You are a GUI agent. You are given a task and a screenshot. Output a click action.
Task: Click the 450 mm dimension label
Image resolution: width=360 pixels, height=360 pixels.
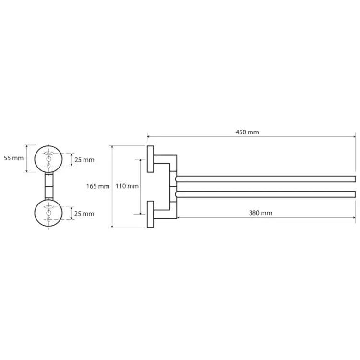(x=247, y=132)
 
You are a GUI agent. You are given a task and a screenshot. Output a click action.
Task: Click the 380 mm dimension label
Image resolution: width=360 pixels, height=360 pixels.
(x=260, y=213)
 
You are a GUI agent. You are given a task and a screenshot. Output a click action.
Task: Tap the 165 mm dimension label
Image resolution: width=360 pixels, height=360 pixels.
(x=98, y=186)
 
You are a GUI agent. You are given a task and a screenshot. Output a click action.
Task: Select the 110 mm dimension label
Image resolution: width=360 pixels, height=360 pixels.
(x=127, y=186)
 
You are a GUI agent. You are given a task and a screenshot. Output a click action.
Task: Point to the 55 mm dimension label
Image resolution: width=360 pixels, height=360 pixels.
(x=13, y=158)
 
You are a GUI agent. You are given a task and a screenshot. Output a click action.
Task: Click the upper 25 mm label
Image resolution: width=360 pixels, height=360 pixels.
(x=84, y=160)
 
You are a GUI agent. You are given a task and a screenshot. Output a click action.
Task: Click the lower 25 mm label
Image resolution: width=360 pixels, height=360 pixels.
(x=84, y=214)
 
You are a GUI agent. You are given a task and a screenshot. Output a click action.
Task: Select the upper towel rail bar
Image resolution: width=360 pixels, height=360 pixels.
(x=265, y=179)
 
